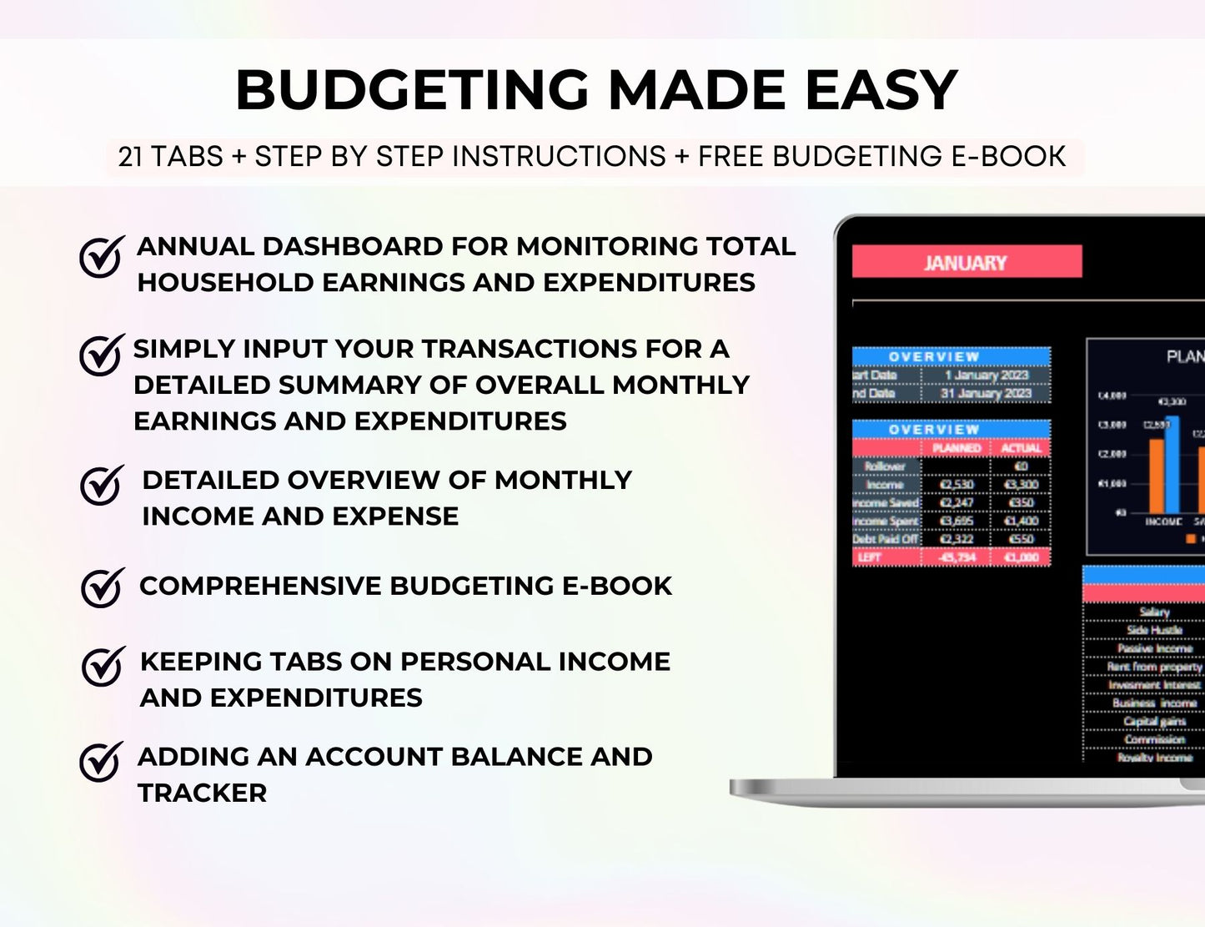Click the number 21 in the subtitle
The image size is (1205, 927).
(x=130, y=157)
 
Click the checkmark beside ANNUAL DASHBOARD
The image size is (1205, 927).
(x=101, y=256)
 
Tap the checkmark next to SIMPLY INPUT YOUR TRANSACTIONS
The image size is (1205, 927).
(x=101, y=356)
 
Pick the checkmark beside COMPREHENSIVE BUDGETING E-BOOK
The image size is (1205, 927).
(x=102, y=587)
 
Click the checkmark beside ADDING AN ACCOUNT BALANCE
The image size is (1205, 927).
(x=101, y=762)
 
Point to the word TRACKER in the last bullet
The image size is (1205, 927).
(x=203, y=793)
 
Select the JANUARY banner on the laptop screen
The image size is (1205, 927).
(x=966, y=262)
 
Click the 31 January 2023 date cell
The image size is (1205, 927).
(x=986, y=394)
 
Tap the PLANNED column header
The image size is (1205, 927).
(x=956, y=448)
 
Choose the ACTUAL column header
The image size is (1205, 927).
(x=1021, y=448)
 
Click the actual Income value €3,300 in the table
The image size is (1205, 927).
(x=1021, y=485)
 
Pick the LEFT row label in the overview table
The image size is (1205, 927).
(x=870, y=557)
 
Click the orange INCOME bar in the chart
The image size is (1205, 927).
(x=1156, y=476)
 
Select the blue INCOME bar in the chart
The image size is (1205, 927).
(x=1172, y=465)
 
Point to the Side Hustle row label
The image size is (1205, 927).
(x=1154, y=631)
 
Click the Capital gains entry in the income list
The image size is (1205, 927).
(x=1154, y=722)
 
